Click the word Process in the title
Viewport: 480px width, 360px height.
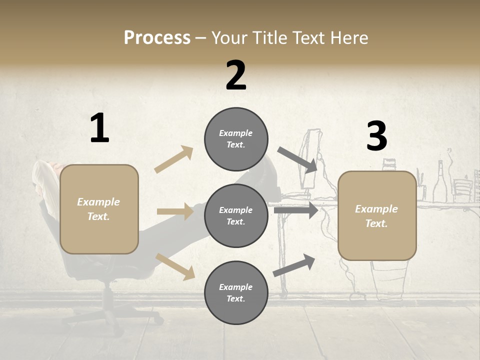(x=157, y=38)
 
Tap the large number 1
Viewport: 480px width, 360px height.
(x=99, y=128)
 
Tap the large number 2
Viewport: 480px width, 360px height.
(x=236, y=75)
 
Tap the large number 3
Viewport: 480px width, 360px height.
(x=376, y=136)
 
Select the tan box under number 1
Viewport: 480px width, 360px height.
(x=99, y=209)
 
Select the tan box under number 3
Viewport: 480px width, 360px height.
(x=377, y=215)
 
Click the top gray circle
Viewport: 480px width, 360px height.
(x=236, y=139)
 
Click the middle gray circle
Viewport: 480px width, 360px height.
(x=236, y=215)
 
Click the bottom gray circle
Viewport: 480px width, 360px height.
(x=236, y=292)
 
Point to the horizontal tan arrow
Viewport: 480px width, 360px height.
(x=175, y=211)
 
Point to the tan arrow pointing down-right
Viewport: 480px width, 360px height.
(x=175, y=266)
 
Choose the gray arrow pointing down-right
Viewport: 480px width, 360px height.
(x=297, y=160)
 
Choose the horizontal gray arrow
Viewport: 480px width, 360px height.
(x=296, y=210)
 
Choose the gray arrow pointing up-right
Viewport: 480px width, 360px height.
(x=294, y=265)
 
